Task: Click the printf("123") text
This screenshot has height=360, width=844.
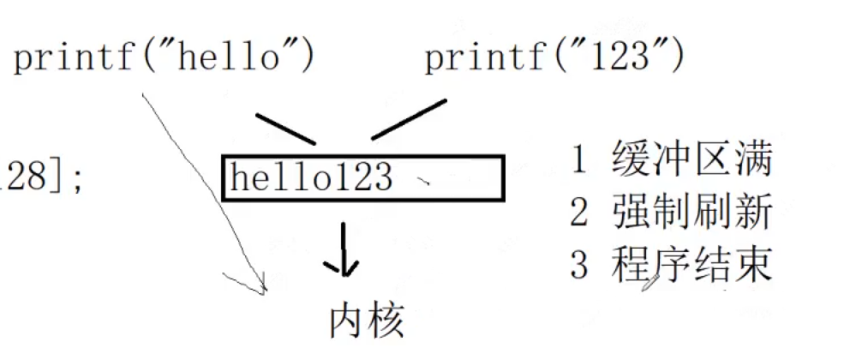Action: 554,58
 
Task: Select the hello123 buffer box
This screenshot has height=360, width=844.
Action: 363,177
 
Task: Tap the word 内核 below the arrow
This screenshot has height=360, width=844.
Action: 367,321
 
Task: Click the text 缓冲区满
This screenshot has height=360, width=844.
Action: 692,161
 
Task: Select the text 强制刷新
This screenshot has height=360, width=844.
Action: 692,213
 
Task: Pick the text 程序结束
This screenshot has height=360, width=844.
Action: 692,266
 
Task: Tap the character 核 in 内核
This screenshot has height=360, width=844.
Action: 386,321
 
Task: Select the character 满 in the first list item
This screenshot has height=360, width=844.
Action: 754,161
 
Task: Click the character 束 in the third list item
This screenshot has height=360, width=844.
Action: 754,266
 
